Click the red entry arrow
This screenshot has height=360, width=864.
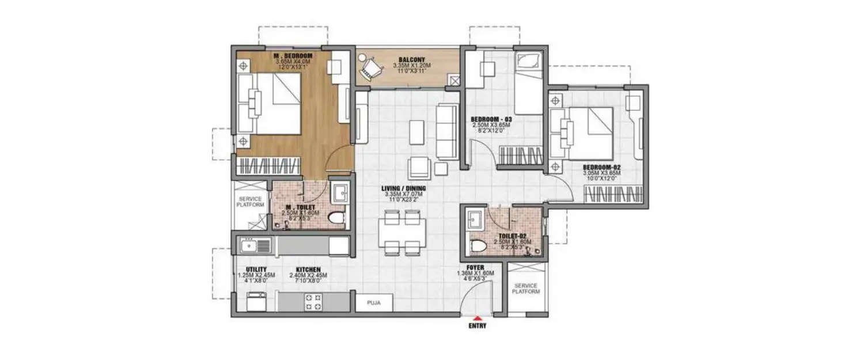click(x=476, y=318)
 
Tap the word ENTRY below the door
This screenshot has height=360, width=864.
click(x=477, y=326)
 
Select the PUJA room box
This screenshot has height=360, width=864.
click(x=374, y=302)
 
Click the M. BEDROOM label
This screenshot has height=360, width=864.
click(x=293, y=56)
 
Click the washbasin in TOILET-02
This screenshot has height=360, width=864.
click(x=476, y=219)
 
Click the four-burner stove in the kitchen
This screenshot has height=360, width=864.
click(x=313, y=302)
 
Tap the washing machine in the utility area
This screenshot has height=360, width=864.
click(x=254, y=301)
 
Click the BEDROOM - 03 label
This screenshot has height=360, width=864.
click(x=487, y=120)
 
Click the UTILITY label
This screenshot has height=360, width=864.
click(x=256, y=269)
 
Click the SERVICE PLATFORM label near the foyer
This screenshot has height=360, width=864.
click(x=526, y=289)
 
